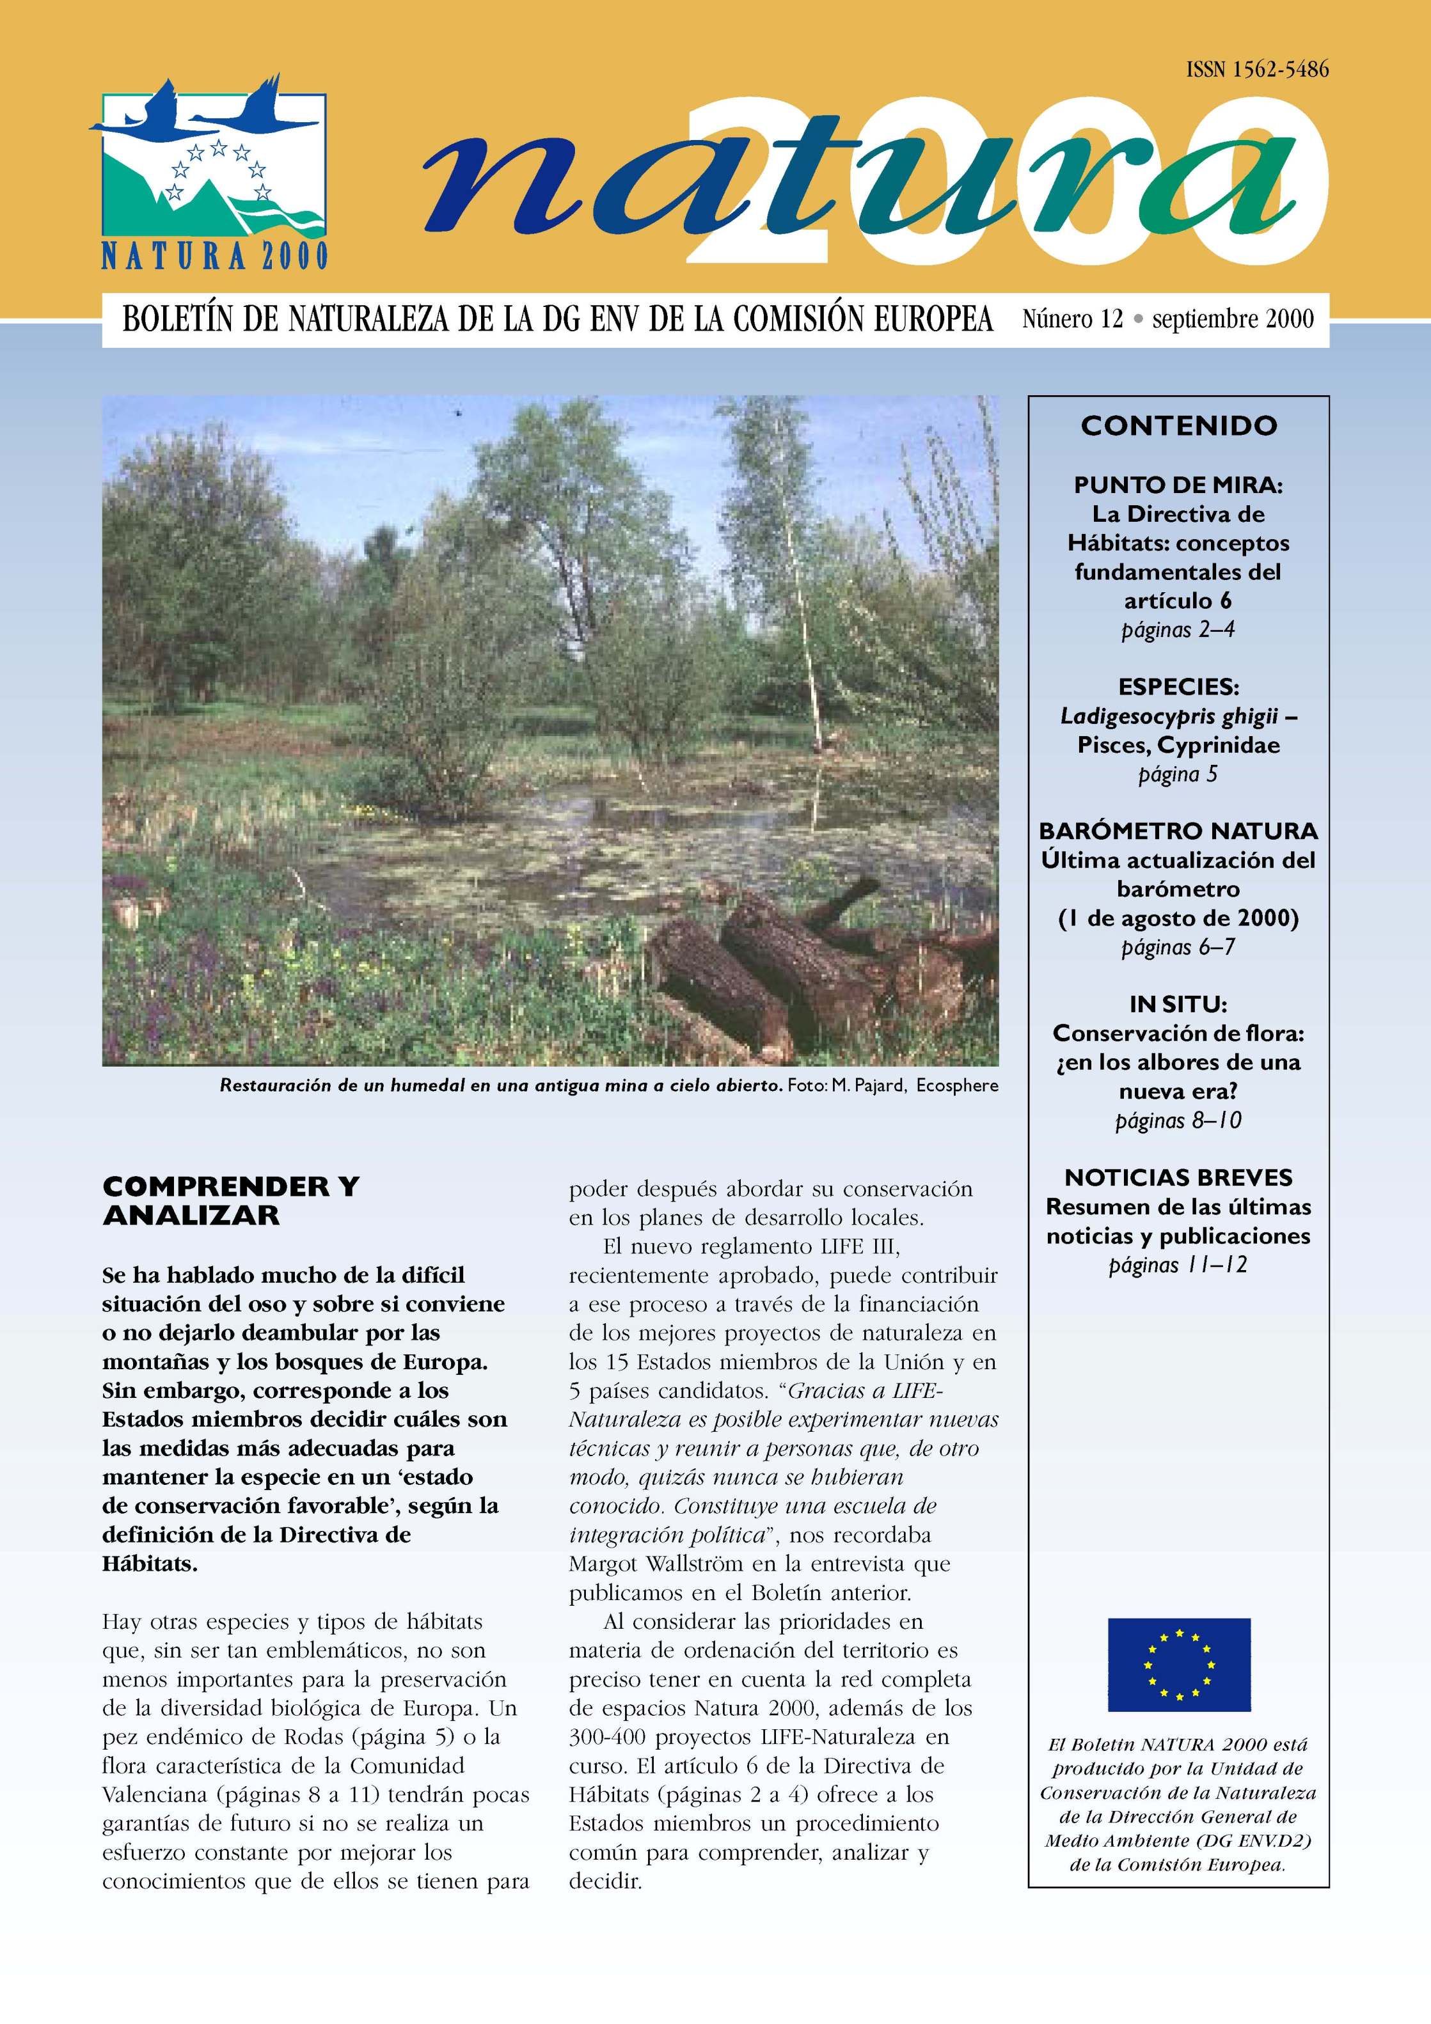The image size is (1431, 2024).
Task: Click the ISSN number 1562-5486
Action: coord(1256,70)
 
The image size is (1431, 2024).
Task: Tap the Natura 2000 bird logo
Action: coord(212,172)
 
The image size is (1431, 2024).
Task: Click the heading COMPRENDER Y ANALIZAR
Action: coord(231,1200)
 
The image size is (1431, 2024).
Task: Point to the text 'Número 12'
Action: coord(1072,318)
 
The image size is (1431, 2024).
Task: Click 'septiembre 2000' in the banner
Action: coord(1232,318)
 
